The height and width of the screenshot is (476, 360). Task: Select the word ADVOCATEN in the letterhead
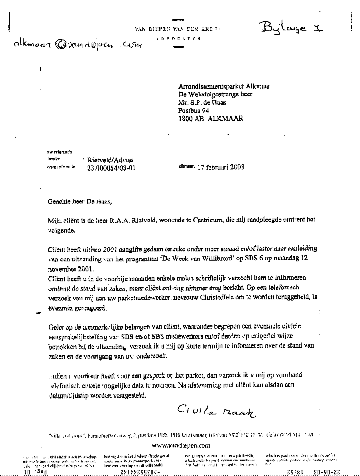(179, 38)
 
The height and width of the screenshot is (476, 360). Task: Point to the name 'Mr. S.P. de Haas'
(202, 103)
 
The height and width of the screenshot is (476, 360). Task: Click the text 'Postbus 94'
(194, 110)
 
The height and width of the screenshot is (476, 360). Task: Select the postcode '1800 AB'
(191, 118)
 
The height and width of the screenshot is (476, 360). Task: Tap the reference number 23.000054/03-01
(111, 168)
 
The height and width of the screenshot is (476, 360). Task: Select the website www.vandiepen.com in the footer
(181, 445)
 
